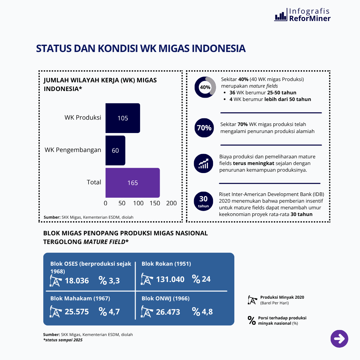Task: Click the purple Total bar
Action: (x=133, y=183)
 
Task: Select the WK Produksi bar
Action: (x=123, y=118)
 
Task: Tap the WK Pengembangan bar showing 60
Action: (x=115, y=150)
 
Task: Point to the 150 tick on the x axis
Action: (x=155, y=203)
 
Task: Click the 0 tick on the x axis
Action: (x=105, y=203)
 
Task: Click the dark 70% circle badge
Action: (x=204, y=128)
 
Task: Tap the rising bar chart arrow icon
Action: (x=203, y=163)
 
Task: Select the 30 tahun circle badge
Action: (x=203, y=201)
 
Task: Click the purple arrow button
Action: (x=339, y=339)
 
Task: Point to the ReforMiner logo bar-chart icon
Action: (x=281, y=15)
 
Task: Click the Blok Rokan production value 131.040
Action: (x=170, y=279)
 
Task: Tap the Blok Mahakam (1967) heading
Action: (x=80, y=298)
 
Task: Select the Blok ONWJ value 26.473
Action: (x=168, y=312)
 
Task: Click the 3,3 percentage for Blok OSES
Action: (x=114, y=281)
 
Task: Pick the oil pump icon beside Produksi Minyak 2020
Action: (x=253, y=300)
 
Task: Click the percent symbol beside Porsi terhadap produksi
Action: (x=252, y=321)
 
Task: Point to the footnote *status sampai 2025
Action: (x=63, y=340)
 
